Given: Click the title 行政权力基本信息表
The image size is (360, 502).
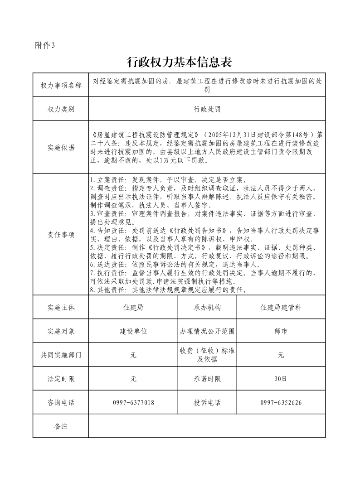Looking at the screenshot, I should (180, 62).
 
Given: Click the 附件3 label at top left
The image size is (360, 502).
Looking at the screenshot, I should (44, 45).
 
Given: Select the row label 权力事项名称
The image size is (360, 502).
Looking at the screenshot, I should (61, 85).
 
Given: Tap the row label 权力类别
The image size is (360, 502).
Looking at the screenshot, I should (61, 109).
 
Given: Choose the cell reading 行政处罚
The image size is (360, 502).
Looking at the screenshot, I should (207, 109).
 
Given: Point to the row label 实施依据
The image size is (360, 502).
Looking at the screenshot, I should (61, 147).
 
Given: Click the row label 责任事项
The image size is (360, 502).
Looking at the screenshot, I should (61, 235).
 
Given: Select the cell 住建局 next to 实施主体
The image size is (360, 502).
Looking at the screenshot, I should (133, 307).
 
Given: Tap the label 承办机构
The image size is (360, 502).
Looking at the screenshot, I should (207, 307).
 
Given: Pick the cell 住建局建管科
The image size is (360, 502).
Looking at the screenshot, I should (281, 307).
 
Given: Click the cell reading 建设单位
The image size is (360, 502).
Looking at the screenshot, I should (133, 331).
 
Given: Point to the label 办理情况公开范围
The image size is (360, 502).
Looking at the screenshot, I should (207, 331).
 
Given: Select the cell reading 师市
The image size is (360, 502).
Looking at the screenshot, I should (281, 331).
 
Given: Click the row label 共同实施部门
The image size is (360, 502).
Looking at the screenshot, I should (61, 355).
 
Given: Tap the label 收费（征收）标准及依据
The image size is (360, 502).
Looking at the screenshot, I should (207, 355).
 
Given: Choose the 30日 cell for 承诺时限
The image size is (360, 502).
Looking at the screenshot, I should (281, 379).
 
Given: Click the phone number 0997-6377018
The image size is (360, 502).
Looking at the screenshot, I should (133, 402).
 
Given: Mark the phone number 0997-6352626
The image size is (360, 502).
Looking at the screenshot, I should (281, 402).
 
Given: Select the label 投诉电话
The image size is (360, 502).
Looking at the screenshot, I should (207, 402).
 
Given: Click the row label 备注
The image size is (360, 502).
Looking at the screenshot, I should (61, 426).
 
